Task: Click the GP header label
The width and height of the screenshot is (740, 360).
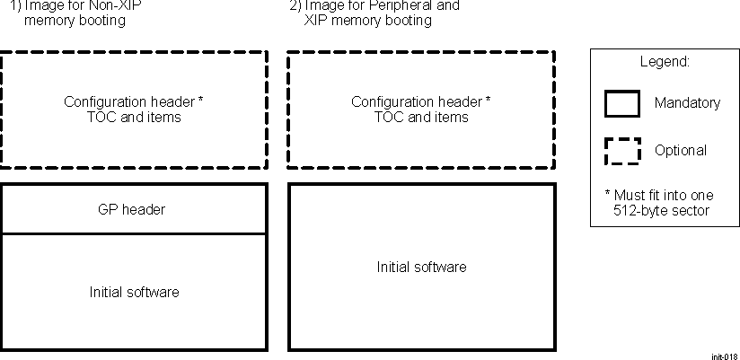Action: (x=131, y=209)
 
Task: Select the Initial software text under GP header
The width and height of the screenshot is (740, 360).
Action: (x=134, y=292)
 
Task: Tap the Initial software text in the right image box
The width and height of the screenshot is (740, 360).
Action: (x=421, y=267)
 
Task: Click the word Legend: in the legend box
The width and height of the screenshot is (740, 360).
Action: (x=664, y=63)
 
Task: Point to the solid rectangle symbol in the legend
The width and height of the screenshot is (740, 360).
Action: (x=621, y=103)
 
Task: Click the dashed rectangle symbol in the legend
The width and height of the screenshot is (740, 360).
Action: (x=621, y=151)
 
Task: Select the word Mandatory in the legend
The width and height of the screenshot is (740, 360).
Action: (x=687, y=103)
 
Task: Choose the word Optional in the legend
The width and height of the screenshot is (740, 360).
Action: (x=681, y=151)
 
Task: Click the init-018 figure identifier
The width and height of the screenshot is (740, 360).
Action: (x=724, y=356)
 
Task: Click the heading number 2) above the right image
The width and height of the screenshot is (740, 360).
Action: (x=295, y=5)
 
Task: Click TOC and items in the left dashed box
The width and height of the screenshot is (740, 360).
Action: (x=134, y=117)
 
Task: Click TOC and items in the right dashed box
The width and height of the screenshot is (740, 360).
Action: (x=421, y=117)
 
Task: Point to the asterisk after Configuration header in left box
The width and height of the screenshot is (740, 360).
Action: (x=200, y=101)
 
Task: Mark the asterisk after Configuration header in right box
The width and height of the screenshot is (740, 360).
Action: (x=488, y=101)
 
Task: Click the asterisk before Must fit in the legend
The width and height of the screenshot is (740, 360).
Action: (x=608, y=194)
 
